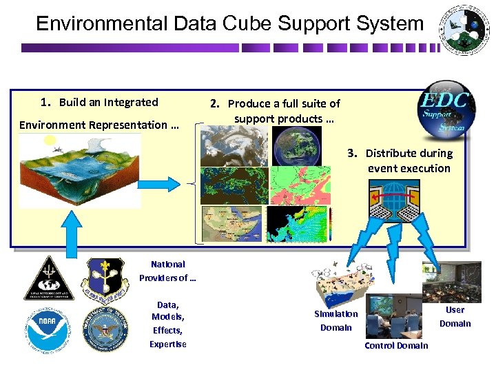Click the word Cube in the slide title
click(x=247, y=23)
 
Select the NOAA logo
click(x=49, y=330)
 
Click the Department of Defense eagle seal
click(x=105, y=330)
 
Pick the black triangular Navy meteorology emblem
click(x=49, y=278)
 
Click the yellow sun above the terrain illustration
click(x=49, y=141)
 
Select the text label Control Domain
click(x=396, y=345)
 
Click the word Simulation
click(x=336, y=314)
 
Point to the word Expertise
click(x=167, y=344)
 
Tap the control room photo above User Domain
click(x=461, y=282)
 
